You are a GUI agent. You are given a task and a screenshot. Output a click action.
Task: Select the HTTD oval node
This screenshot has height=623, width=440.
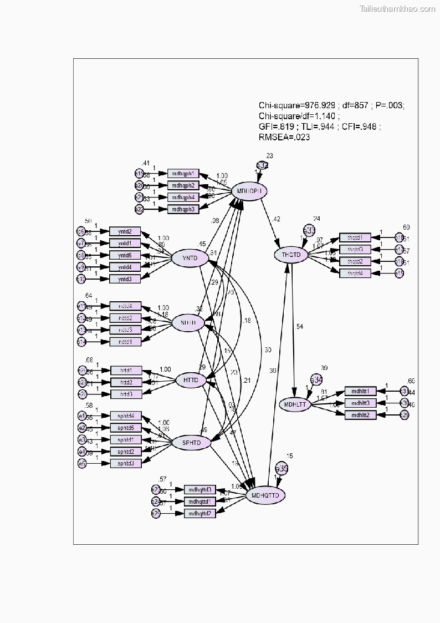click(191, 381)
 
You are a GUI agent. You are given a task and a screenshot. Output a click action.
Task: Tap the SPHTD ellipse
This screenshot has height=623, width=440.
click(191, 443)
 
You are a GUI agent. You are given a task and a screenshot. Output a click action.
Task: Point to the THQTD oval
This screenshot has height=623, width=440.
click(290, 255)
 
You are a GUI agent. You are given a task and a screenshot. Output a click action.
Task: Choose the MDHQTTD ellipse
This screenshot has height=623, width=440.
click(265, 495)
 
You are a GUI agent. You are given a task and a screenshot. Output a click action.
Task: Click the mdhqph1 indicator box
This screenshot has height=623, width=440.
click(183, 174)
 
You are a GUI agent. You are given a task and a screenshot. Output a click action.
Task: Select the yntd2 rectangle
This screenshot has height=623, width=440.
click(125, 231)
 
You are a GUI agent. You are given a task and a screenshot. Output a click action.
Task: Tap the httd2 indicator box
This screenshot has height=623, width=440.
click(126, 382)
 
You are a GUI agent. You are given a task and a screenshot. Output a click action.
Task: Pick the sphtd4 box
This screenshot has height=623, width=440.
click(126, 416)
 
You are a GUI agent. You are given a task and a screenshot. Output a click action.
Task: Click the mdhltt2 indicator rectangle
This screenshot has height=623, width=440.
click(361, 414)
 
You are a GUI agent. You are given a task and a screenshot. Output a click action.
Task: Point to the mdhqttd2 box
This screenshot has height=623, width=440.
click(200, 513)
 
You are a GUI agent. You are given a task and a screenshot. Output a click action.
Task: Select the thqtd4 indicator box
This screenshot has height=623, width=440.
click(355, 273)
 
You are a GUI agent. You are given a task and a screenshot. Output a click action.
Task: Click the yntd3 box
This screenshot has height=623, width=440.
click(125, 278)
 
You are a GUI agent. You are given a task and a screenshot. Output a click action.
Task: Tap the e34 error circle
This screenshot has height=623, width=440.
click(316, 379)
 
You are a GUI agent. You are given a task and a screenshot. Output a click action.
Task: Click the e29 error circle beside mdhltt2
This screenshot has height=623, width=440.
click(404, 415)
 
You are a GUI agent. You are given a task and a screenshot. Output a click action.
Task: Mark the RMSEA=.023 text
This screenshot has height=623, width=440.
click(284, 138)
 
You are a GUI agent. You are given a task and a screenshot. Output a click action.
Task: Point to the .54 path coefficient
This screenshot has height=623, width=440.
click(299, 326)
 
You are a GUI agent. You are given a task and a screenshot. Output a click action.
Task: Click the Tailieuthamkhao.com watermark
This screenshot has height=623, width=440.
click(398, 8)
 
